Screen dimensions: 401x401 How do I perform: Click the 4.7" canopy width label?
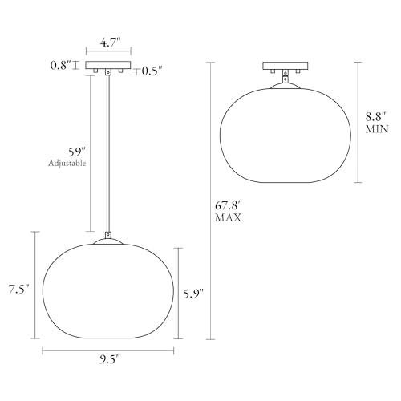(x=110, y=43)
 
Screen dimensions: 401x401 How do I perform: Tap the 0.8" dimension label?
(x=61, y=66)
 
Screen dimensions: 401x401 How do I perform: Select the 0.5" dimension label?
(x=152, y=71)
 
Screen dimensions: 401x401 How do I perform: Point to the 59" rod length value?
(x=77, y=152)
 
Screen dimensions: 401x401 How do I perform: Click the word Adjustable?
(x=67, y=163)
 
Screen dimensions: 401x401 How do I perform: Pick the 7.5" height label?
(x=18, y=290)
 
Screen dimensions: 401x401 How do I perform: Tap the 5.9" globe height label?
(x=193, y=294)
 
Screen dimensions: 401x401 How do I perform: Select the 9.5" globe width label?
(x=111, y=360)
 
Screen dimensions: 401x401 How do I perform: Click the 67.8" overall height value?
(x=229, y=206)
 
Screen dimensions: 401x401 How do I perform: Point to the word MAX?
(x=229, y=217)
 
